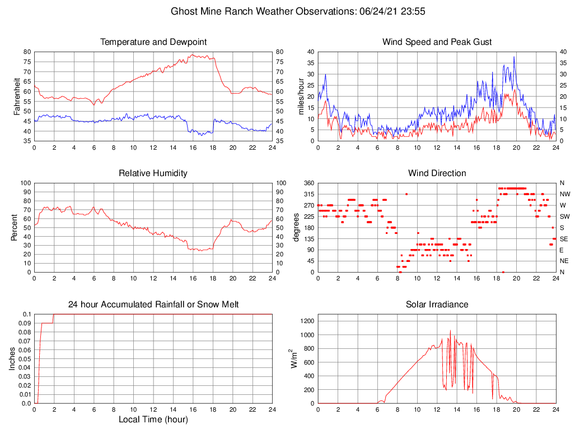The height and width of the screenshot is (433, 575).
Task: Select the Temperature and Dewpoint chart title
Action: (x=153, y=42)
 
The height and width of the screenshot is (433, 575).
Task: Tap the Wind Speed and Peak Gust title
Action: (x=437, y=42)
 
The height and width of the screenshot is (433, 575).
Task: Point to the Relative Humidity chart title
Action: (x=153, y=173)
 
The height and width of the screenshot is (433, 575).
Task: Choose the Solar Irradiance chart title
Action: (x=437, y=305)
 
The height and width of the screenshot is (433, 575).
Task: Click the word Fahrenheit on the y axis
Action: (x=17, y=96)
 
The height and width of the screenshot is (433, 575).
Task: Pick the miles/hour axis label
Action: (x=302, y=96)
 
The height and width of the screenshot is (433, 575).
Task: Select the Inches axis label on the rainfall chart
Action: (x=13, y=358)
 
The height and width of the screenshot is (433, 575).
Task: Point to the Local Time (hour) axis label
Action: (x=153, y=420)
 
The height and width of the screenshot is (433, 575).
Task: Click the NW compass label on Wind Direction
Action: (x=564, y=194)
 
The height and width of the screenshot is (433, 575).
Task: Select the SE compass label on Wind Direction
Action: (x=564, y=238)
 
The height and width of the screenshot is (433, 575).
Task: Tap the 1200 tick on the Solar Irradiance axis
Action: (x=306, y=321)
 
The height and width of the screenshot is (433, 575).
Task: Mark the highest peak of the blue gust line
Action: (x=514, y=56)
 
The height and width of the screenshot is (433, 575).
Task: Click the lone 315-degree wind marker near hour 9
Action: (x=406, y=194)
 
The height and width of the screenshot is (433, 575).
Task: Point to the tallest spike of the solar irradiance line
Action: (x=451, y=330)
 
